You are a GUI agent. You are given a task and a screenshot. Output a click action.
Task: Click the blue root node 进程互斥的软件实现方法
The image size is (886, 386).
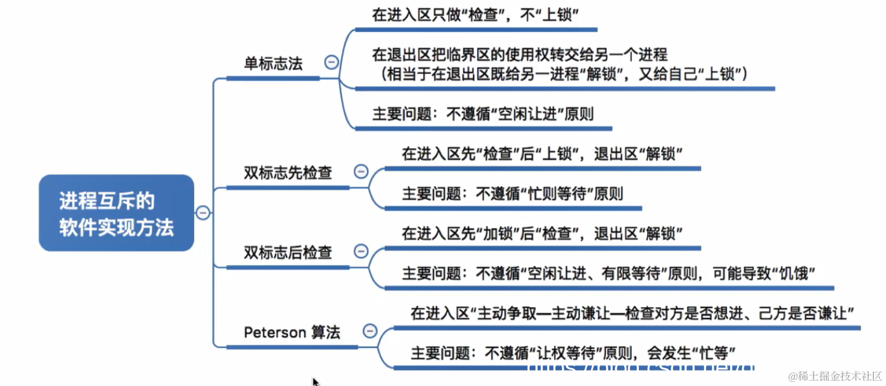(116, 213)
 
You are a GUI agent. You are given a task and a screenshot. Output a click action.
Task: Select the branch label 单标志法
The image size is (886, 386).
(273, 64)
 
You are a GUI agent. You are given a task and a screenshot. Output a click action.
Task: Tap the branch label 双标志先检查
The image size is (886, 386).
(288, 173)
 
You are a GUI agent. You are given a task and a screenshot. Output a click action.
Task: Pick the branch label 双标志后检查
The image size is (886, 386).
(288, 252)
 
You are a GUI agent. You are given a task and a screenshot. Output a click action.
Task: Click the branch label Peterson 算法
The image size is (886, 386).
(292, 332)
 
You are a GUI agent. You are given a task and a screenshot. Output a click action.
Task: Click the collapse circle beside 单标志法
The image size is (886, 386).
(332, 62)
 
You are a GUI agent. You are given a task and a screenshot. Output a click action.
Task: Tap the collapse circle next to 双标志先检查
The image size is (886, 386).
(361, 172)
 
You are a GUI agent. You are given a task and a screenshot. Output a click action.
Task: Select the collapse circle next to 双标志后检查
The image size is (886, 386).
(361, 251)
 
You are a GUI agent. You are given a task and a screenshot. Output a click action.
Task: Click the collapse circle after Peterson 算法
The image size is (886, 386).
(370, 331)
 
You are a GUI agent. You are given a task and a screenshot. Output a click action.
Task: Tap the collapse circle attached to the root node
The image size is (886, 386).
(203, 212)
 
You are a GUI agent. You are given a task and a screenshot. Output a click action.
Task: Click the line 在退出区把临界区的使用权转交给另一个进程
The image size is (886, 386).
(519, 55)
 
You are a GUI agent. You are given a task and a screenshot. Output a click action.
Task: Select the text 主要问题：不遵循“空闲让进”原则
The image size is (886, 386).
(482, 114)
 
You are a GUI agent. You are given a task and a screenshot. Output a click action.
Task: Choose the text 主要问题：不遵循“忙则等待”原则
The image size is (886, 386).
(512, 193)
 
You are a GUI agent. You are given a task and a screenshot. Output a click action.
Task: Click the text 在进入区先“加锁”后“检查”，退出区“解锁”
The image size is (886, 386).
(542, 233)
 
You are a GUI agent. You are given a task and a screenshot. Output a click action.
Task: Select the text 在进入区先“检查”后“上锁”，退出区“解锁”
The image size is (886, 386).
(542, 154)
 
